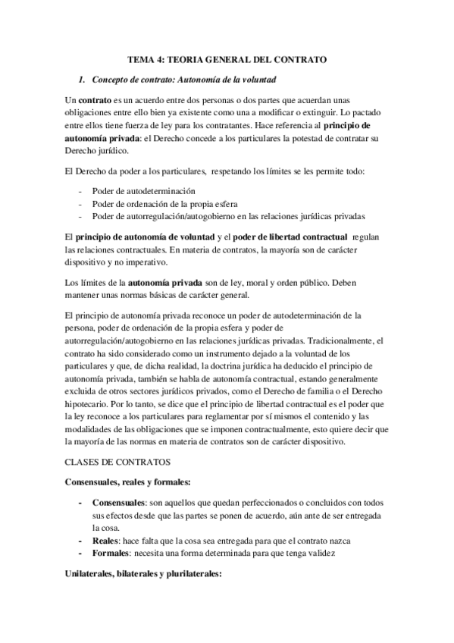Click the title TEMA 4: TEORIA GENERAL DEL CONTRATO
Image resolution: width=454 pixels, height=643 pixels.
click(x=227, y=58)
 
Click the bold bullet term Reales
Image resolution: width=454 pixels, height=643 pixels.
click(x=106, y=540)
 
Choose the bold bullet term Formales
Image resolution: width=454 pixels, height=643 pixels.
click(x=111, y=553)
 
